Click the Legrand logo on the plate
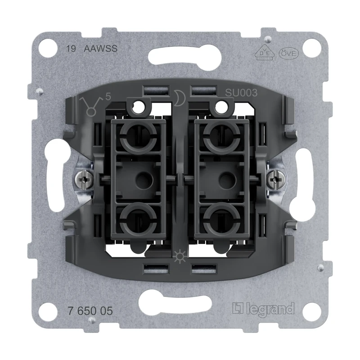263,309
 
